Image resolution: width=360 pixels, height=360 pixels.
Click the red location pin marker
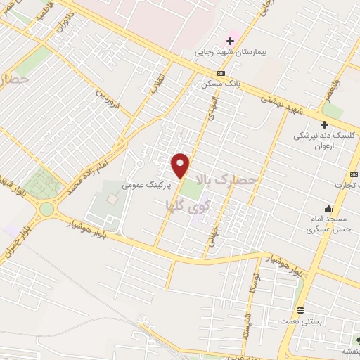181,165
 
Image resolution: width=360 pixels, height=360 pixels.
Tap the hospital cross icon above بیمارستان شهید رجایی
229,41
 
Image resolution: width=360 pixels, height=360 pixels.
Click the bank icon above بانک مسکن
221,72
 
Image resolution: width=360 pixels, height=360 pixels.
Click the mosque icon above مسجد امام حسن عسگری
328,207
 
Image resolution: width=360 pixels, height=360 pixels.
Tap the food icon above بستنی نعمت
300,310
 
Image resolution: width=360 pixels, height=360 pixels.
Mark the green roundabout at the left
47,209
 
